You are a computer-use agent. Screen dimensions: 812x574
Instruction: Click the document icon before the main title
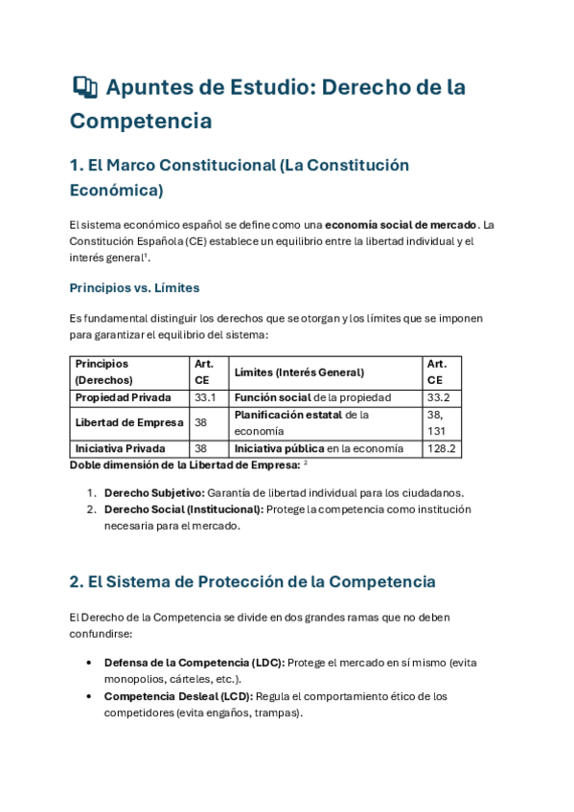point(84,87)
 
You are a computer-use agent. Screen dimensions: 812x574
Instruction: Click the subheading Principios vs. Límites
point(134,287)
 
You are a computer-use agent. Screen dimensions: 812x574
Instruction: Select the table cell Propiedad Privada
point(123,397)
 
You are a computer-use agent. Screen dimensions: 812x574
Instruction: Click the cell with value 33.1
point(205,397)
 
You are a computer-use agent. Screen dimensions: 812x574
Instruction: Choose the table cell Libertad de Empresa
point(124,422)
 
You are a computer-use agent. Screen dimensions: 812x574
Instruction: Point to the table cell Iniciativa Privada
point(120,448)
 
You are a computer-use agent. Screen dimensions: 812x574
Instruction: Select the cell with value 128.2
point(442,448)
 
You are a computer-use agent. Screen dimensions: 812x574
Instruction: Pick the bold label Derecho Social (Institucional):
point(182,509)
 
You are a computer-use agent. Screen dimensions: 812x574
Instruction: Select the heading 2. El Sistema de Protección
point(252,581)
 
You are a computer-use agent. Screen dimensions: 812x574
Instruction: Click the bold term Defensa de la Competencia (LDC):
point(194,663)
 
